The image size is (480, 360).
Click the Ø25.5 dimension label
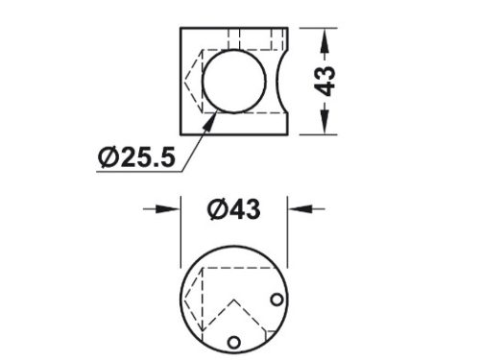tap(137, 157)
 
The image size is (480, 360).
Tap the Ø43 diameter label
tap(234, 209)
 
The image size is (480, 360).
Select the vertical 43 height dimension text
tap(325, 81)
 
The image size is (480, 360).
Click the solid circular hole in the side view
tap(234, 82)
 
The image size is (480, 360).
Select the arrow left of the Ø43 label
tap(161, 209)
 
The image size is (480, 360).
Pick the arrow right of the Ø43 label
tap(306, 209)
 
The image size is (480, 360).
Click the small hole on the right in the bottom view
tap(276, 300)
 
